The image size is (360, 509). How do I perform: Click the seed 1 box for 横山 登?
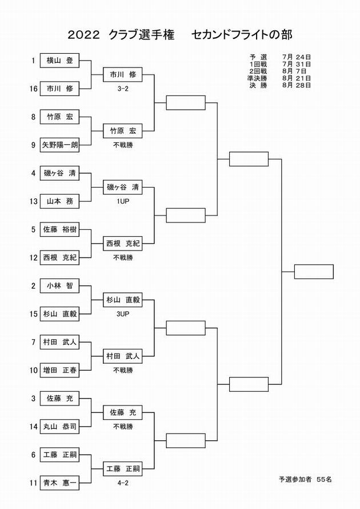pos(59,61)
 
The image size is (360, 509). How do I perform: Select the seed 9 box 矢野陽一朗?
pos(59,145)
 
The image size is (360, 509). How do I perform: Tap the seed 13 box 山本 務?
pos(59,201)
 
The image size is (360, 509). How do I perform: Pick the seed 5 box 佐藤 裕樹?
pos(59,229)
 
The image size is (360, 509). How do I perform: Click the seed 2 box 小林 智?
pos(59,285)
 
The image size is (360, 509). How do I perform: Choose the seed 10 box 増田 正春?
pos(59,370)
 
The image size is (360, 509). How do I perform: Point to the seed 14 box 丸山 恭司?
pos(59,427)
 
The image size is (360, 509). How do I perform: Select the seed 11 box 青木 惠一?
pos(59,483)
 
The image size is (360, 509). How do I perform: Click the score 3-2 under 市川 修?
pos(123,89)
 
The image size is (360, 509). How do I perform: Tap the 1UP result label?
pos(123,201)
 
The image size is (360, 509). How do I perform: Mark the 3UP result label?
pos(123,314)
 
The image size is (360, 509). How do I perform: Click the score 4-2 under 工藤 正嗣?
pos(123,483)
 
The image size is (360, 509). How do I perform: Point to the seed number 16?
pos(34,89)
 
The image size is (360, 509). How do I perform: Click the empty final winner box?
pos(314,272)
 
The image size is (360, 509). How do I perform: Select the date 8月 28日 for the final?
pos(297,85)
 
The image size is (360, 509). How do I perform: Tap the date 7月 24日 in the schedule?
pos(297,57)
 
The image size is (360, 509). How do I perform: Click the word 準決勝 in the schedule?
pos(257,78)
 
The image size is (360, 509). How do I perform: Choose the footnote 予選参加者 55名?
pos(305,479)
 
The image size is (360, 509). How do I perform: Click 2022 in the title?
pos(83,35)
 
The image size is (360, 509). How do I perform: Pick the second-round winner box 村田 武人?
pos(123,356)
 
